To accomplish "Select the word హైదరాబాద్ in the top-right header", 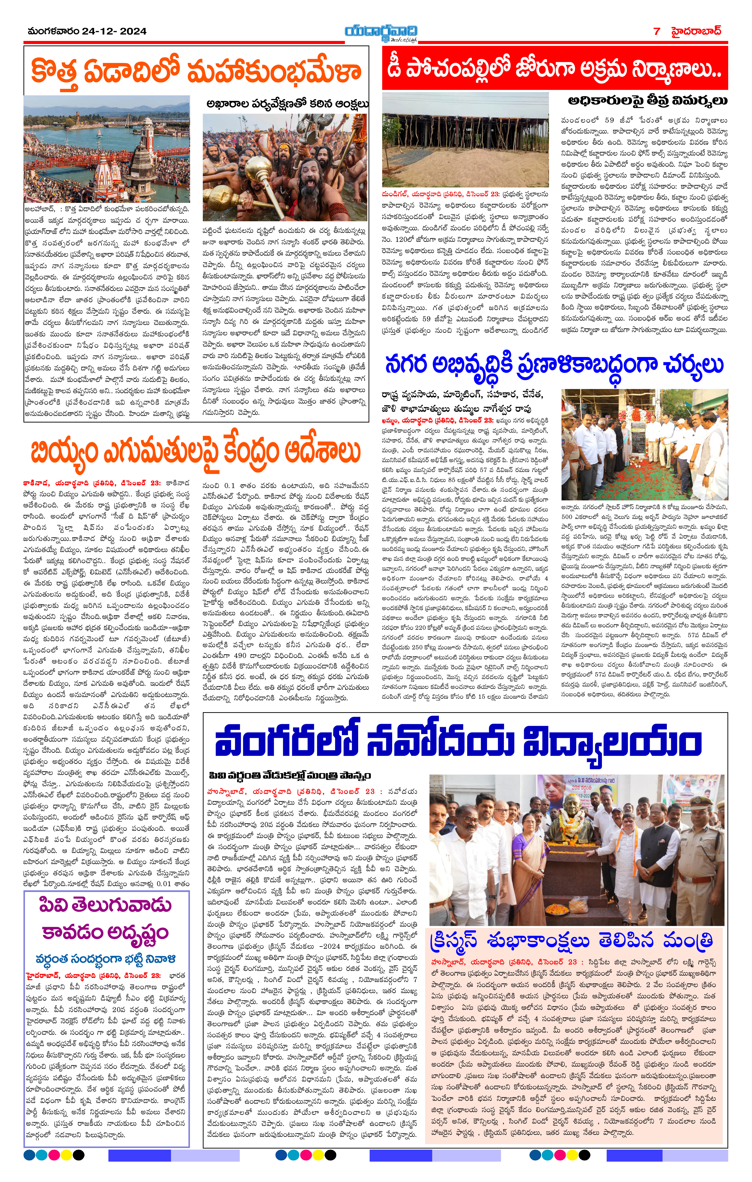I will (697, 31).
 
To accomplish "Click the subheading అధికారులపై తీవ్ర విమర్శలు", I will (647, 101).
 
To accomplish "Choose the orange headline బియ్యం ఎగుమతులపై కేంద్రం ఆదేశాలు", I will (195, 452).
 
